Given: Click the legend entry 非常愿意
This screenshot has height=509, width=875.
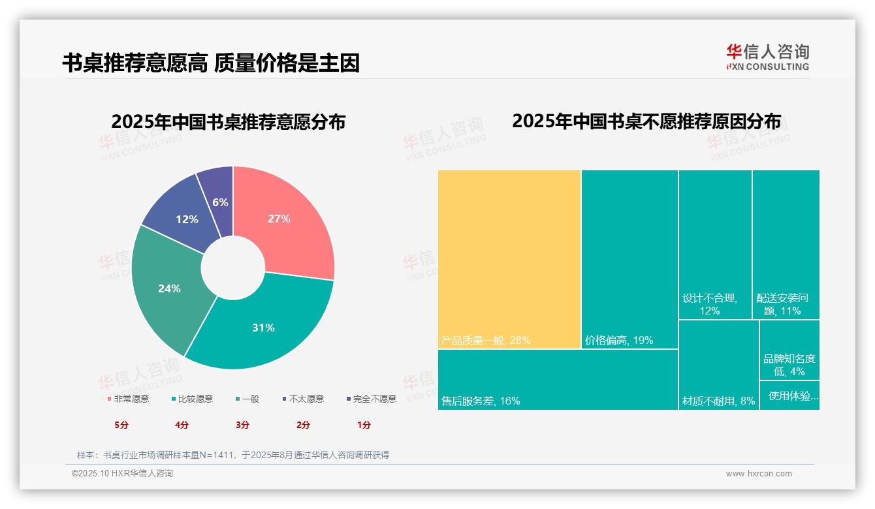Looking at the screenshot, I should click(128, 399).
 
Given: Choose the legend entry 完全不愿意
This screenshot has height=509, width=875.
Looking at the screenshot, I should click(372, 399).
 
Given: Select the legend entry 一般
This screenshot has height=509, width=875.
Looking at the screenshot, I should click(247, 399).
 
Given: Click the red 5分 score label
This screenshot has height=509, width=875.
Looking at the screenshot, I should click(122, 425).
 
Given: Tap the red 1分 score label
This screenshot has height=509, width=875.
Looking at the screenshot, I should click(364, 425).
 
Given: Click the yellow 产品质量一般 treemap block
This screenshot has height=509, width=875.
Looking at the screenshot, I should click(509, 259).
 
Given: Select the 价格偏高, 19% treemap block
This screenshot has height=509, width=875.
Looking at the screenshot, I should click(629, 259).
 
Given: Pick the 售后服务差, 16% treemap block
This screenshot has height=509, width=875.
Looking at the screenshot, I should click(558, 380).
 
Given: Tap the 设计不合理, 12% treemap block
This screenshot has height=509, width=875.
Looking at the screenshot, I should click(715, 245).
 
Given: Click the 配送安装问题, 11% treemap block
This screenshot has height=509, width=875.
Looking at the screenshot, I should click(786, 245).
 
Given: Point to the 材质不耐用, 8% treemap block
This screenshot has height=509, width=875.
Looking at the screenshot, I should click(718, 365).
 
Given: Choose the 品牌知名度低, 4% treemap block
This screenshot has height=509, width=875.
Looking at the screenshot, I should click(789, 350).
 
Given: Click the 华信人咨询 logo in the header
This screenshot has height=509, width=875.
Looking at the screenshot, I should click(768, 57).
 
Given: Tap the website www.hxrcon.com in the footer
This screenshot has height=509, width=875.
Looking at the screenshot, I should click(759, 474).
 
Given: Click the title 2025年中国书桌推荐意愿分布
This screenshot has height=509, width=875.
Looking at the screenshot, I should click(228, 122).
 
